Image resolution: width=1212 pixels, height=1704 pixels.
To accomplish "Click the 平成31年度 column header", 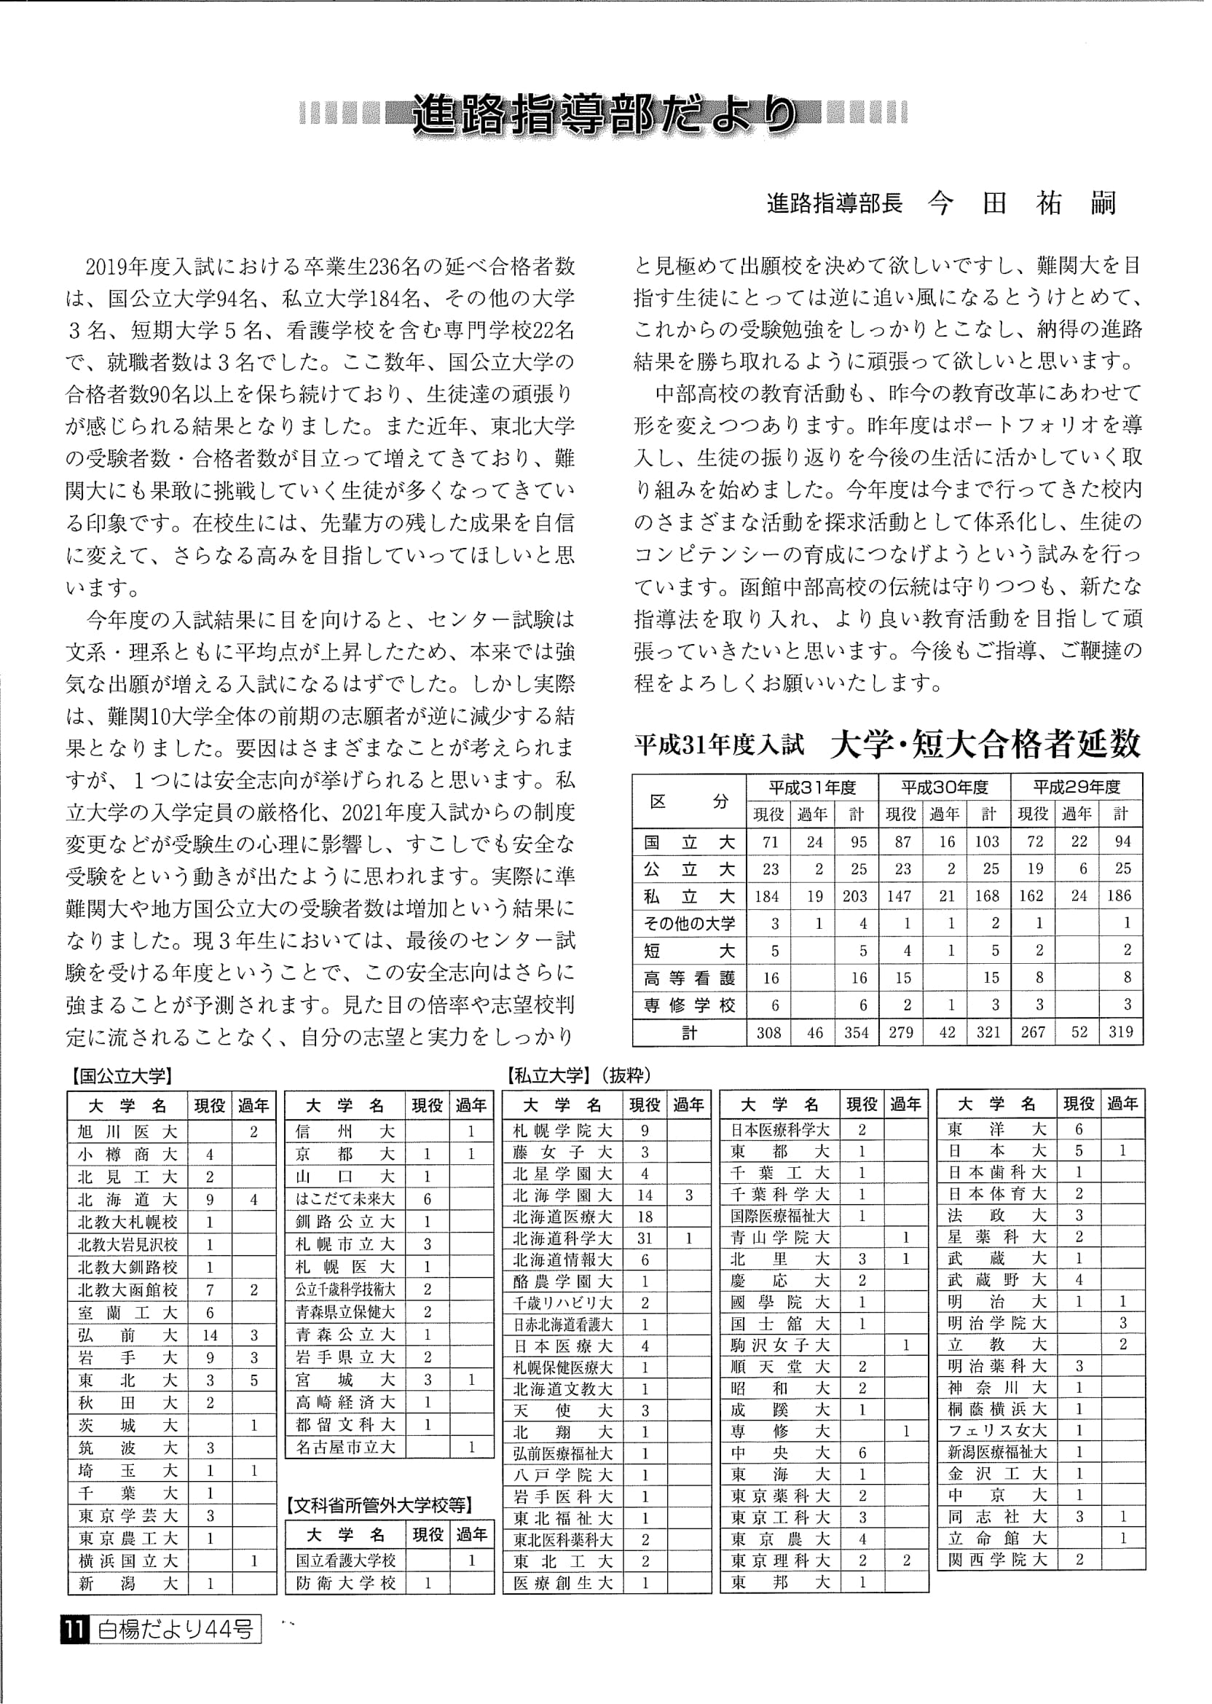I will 812,787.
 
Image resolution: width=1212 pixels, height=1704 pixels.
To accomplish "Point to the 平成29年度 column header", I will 1077,787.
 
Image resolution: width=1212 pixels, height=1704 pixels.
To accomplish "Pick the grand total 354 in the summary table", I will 856,1032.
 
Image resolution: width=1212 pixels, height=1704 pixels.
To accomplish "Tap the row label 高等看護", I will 689,978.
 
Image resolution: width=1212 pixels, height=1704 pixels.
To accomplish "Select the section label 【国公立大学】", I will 121,1075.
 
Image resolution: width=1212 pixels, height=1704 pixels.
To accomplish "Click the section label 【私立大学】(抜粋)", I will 578,1075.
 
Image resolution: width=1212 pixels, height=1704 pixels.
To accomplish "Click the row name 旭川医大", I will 127,1131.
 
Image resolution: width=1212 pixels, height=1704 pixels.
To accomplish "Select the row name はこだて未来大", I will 345,1199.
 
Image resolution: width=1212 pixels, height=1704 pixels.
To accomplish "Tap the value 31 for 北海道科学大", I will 645,1238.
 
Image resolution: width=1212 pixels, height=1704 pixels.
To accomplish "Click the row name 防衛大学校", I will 345,1583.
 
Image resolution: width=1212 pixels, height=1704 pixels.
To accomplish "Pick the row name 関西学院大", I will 997,1559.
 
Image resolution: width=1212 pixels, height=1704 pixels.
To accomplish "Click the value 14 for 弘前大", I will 210,1335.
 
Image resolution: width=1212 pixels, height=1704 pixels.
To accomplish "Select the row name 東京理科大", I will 780,1560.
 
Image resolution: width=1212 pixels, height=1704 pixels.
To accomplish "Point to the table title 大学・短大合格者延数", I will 985,743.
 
